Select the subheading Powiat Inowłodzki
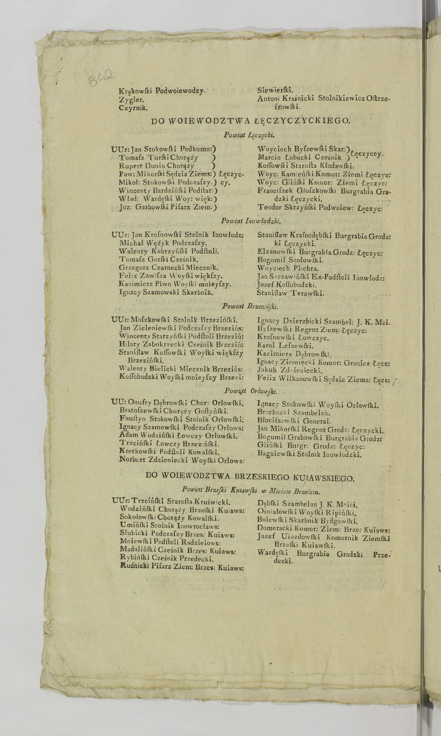pos(251,221)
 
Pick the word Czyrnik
pos(133,108)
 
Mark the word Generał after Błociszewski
pos(317,421)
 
